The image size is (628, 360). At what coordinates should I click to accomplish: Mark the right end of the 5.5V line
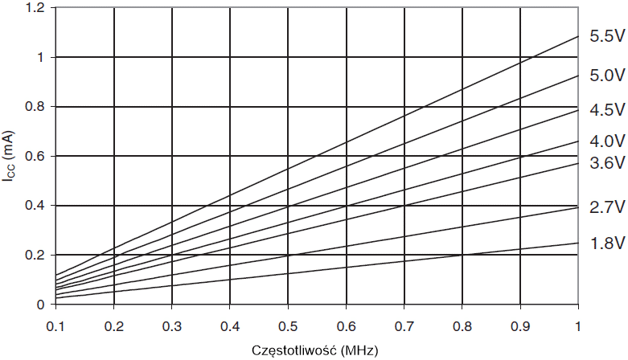click(578, 36)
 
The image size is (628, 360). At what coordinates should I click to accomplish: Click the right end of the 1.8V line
click(578, 243)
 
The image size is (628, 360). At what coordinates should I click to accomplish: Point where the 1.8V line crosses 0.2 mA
click(462, 255)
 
